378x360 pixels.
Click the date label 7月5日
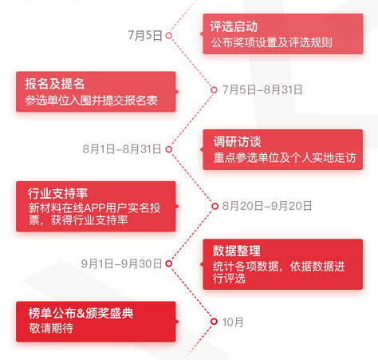[x=145, y=35]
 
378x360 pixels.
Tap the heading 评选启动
[x=234, y=26]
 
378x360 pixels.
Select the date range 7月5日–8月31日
[x=262, y=90]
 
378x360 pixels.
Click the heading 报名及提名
[x=55, y=84]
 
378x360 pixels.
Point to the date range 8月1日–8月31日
[x=122, y=149]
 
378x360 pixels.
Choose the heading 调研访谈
[x=237, y=141]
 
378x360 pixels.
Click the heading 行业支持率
[x=57, y=193]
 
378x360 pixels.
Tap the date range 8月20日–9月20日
[x=267, y=206]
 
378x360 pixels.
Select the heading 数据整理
[x=237, y=251]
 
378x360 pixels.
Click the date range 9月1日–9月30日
[x=121, y=263]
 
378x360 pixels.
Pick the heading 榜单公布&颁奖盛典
[x=81, y=313]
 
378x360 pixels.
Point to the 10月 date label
[x=233, y=322]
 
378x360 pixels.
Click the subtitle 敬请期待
[x=51, y=328]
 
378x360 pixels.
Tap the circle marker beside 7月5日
[x=169, y=35]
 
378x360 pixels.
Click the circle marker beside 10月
[x=214, y=322]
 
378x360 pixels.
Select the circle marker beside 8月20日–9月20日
[x=215, y=206]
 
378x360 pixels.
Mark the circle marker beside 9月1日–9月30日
[x=169, y=263]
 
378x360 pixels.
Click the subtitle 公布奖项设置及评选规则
[x=272, y=42]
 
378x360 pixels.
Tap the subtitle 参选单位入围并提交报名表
[x=92, y=101]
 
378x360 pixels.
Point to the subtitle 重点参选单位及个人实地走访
[x=285, y=158]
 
